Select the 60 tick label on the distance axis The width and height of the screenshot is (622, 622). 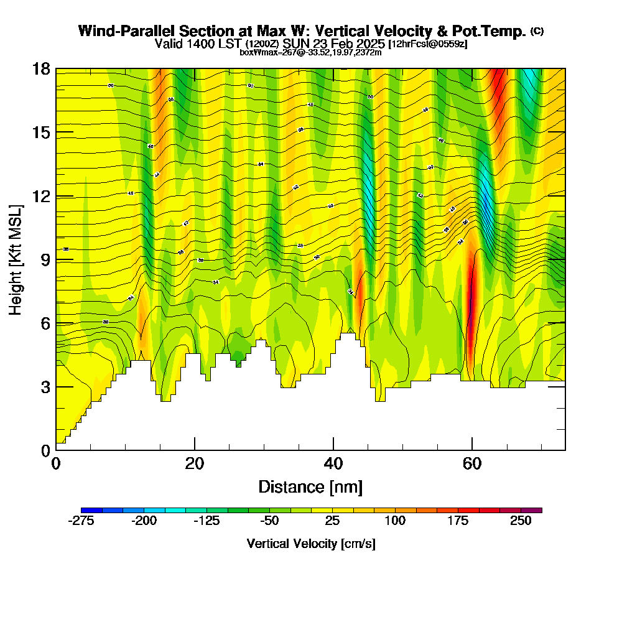[x=472, y=463]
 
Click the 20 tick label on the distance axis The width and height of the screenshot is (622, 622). [x=195, y=463]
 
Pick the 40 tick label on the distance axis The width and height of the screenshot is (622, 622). [x=333, y=463]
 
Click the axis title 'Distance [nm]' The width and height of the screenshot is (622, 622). [x=310, y=486]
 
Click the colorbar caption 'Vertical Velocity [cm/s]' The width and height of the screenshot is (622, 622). [x=311, y=544]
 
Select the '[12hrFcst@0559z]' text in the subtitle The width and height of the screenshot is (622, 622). [x=427, y=44]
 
